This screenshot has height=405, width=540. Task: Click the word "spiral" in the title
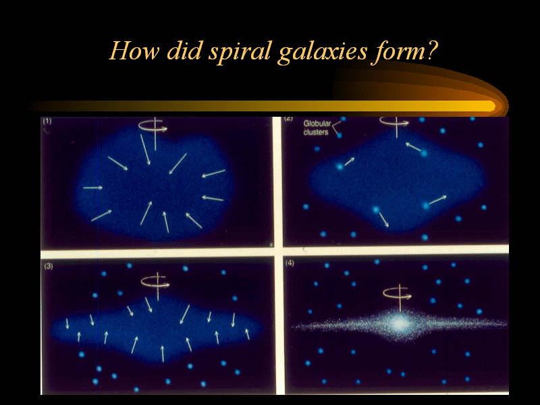click(240, 52)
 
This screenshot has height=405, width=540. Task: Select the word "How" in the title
click(134, 51)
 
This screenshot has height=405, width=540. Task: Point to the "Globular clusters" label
click(317, 128)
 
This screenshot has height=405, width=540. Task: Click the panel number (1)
click(47, 121)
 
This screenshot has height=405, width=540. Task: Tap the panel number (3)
click(49, 266)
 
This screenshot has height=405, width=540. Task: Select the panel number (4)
click(290, 263)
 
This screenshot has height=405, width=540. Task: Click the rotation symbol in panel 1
click(153, 126)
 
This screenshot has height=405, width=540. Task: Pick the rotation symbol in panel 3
click(156, 282)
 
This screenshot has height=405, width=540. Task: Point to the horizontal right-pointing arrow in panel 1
click(92, 188)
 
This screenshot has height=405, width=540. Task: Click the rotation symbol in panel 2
click(396, 124)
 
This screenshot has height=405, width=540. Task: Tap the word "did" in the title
click(184, 51)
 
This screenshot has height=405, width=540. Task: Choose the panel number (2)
click(289, 119)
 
